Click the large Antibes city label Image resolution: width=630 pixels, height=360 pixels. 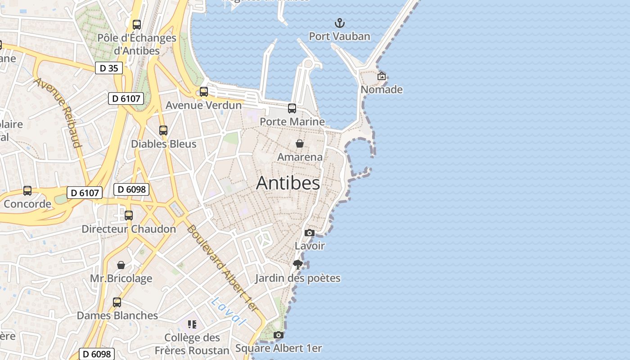(288, 183)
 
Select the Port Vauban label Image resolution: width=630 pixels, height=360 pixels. (340, 36)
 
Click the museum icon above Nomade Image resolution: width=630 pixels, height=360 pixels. (382, 76)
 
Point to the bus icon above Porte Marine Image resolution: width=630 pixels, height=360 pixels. (292, 108)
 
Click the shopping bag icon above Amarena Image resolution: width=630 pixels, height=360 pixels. (300, 144)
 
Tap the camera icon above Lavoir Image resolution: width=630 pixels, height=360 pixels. (310, 233)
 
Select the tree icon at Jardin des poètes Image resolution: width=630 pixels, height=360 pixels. (297, 265)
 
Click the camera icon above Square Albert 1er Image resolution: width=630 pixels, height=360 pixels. (279, 335)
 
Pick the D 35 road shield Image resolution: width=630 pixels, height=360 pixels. (109, 68)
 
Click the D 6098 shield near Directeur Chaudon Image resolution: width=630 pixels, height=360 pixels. (131, 189)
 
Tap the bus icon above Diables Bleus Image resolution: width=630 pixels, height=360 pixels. (163, 130)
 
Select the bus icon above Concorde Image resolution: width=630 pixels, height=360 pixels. (27, 191)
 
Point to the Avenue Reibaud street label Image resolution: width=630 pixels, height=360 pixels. (58, 112)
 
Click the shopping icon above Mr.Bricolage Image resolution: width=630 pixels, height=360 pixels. (121, 265)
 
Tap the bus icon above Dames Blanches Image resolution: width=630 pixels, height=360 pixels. (117, 302)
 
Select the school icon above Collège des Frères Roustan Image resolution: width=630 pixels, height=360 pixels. (192, 324)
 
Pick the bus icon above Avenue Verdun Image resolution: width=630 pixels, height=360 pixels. (204, 92)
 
